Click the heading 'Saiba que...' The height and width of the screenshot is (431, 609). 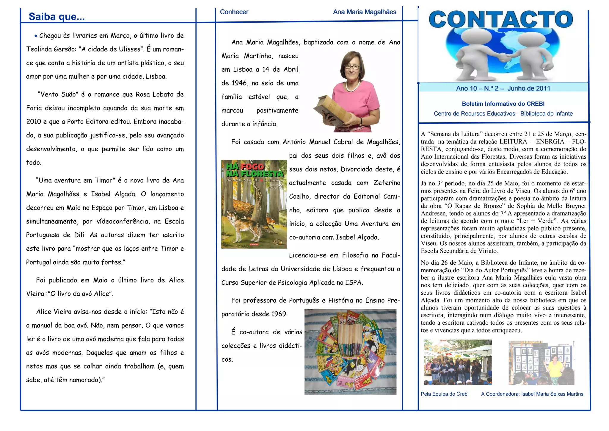coord(56,17)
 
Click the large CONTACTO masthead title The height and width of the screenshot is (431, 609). coord(501,19)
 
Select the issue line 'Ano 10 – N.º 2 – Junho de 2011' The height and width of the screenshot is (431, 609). coord(503,88)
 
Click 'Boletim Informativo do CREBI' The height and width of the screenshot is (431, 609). coord(503,104)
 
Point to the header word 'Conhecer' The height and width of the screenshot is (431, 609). coord(234,12)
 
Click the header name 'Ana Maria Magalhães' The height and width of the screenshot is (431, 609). coord(365,12)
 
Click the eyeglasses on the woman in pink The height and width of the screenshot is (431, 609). coord(352,67)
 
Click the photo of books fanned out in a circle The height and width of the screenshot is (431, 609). coord(350,352)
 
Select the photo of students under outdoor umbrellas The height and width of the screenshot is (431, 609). coord(458,362)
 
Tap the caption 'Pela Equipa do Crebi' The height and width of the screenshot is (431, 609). coord(445,394)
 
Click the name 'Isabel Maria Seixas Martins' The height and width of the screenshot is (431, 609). coord(552,394)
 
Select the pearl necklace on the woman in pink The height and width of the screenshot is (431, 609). coord(352,86)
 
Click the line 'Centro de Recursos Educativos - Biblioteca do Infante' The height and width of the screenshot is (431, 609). coord(503,114)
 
